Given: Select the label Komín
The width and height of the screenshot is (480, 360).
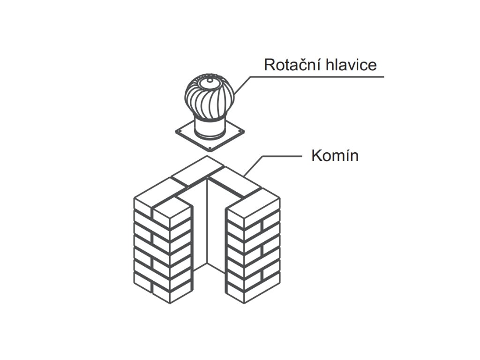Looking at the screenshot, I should [x=335, y=155].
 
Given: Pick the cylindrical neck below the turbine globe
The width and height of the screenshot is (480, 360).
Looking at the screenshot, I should [x=209, y=127].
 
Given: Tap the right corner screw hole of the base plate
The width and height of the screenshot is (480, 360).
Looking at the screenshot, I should [x=242, y=131].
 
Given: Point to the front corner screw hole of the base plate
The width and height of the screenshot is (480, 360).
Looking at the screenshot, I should [x=210, y=150].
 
